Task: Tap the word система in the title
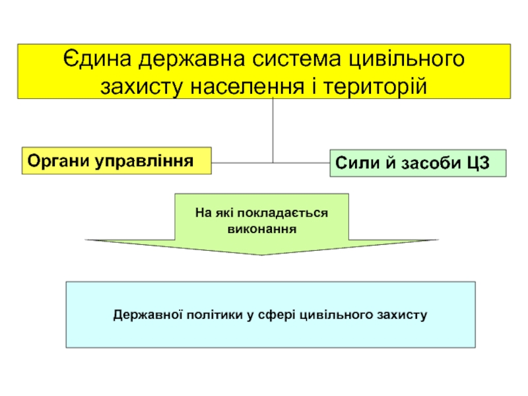(x=297, y=59)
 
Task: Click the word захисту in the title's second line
(x=142, y=88)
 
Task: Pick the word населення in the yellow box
(x=247, y=87)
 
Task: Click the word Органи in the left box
(x=59, y=161)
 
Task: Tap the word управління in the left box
(x=144, y=161)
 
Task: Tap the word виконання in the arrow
(x=262, y=229)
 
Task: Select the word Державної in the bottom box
(x=148, y=315)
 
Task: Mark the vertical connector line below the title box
(x=273, y=131)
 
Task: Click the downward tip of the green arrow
(x=261, y=255)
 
